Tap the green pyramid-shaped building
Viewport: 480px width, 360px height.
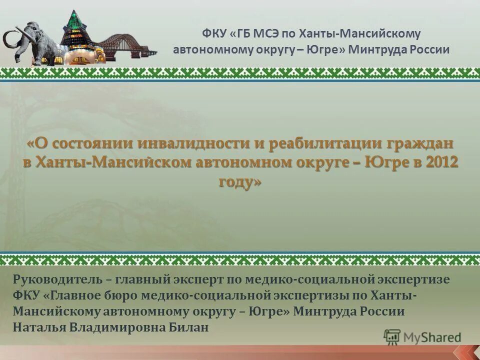coord(75,35)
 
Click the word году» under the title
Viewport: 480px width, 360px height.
coord(240,181)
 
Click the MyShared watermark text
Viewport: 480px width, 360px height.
coord(432,337)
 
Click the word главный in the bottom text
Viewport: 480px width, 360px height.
coord(143,279)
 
